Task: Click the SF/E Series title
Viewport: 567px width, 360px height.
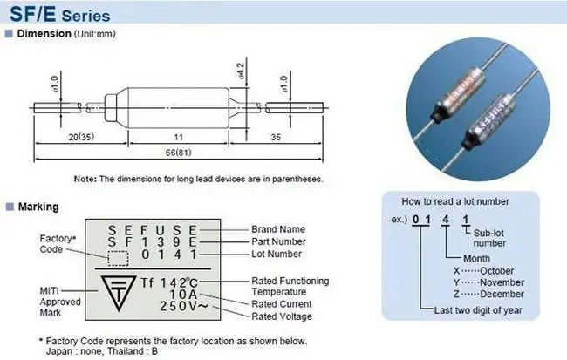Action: pyautogui.click(x=59, y=14)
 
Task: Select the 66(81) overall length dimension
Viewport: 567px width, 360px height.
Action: pyautogui.click(x=178, y=153)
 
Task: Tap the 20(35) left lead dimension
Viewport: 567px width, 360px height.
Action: pyautogui.click(x=81, y=137)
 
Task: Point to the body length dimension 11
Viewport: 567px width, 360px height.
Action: pyautogui.click(x=179, y=137)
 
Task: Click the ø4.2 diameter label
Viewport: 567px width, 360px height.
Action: pyautogui.click(x=241, y=71)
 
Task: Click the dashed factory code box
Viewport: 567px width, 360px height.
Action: pyautogui.click(x=118, y=258)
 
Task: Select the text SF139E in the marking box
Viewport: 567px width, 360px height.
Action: pyautogui.click(x=152, y=241)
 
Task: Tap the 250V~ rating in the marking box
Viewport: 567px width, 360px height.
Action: pyautogui.click(x=184, y=306)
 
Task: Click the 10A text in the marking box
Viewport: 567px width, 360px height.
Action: pyautogui.click(x=183, y=295)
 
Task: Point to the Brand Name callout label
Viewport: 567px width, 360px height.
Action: pyautogui.click(x=278, y=229)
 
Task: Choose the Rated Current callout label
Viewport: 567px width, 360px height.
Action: pyautogui.click(x=282, y=304)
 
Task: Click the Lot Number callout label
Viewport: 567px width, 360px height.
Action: pyautogui.click(x=277, y=255)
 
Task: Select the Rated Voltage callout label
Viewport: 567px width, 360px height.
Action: pyautogui.click(x=282, y=316)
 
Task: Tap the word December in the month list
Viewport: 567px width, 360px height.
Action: pyautogui.click(x=502, y=295)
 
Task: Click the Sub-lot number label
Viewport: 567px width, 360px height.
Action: pyautogui.click(x=489, y=238)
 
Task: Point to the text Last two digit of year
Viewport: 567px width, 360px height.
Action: pyautogui.click(x=478, y=310)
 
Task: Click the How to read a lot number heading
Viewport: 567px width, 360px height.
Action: pyautogui.click(x=455, y=201)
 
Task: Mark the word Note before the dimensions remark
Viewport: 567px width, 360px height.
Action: pyautogui.click(x=85, y=179)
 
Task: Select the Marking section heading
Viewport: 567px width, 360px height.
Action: pyautogui.click(x=38, y=207)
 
